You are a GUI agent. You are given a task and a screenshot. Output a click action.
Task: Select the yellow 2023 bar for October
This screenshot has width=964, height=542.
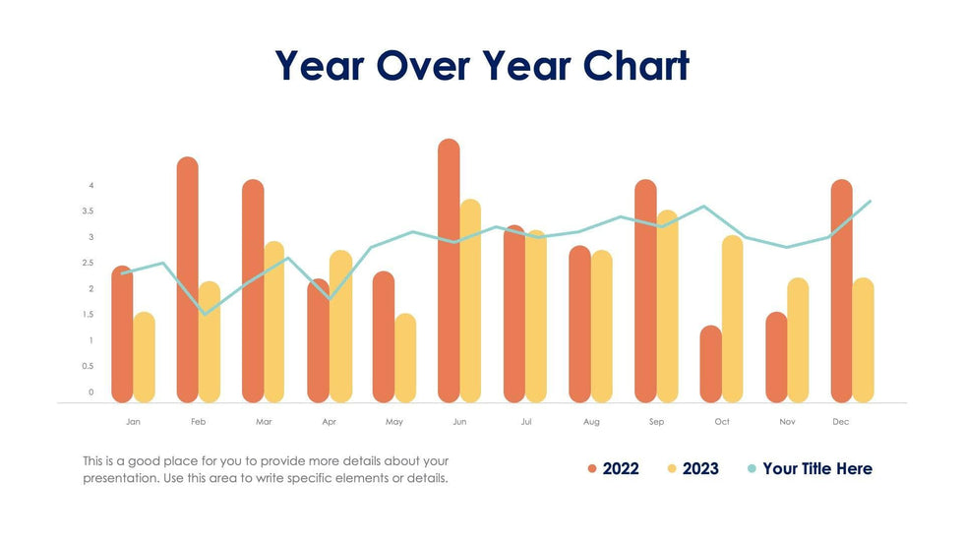point(732,319)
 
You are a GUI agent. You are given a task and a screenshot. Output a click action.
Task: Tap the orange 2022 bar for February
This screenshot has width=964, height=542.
point(187,280)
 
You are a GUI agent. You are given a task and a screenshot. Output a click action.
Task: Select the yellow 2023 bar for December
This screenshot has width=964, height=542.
point(863,340)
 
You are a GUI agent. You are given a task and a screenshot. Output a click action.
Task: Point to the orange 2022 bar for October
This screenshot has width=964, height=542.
point(710,364)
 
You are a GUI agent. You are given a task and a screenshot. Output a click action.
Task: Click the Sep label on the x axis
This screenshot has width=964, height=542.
point(656,422)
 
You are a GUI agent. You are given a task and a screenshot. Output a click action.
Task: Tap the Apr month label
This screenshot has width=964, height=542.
point(329,422)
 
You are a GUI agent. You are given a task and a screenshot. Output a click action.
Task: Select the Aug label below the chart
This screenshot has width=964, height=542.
point(591,422)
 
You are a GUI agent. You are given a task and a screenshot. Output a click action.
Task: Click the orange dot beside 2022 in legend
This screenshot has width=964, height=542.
point(592,469)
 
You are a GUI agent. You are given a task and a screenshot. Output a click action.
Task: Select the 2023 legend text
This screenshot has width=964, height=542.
point(700,469)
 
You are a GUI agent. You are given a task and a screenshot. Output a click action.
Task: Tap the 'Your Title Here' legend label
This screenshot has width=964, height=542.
point(816,469)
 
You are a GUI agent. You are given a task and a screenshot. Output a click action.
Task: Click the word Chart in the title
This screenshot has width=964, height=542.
point(635,66)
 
